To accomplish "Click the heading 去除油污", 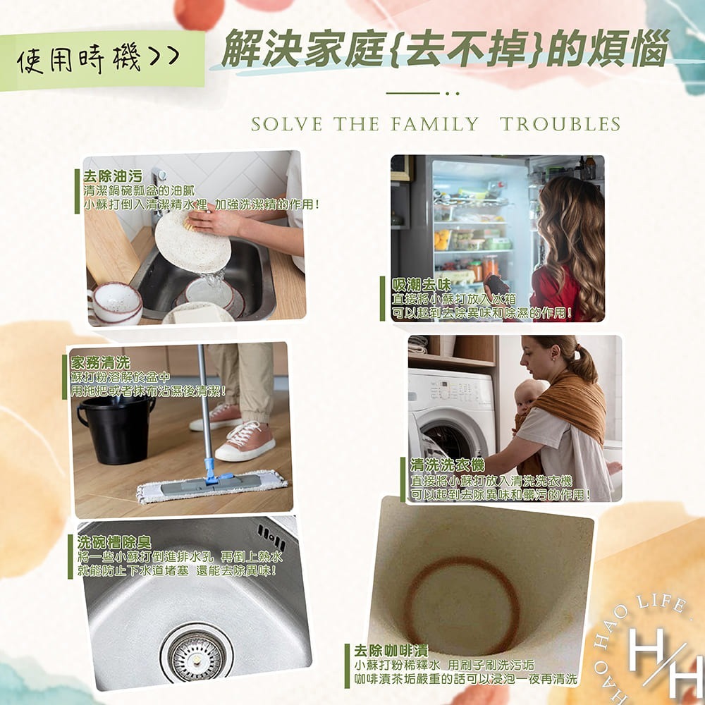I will click(113, 176).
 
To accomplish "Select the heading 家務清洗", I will click(101, 362).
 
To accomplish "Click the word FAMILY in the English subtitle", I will click(433, 125).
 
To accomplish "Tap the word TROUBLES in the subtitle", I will click(560, 125).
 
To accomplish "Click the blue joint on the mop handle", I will click(209, 470).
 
